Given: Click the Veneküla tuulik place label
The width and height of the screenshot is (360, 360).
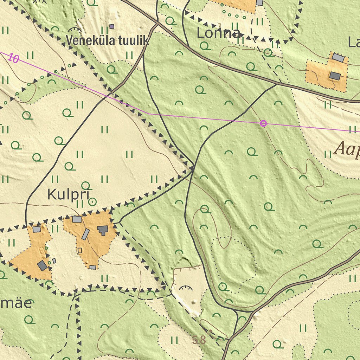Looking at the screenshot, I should click(x=108, y=40).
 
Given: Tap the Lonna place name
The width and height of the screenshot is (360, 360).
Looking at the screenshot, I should click(x=219, y=33).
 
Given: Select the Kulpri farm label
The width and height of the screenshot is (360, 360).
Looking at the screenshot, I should click(x=69, y=194).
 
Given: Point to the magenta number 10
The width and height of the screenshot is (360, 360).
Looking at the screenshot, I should click(x=13, y=58).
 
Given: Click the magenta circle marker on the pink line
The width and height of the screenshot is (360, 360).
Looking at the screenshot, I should click(x=263, y=123).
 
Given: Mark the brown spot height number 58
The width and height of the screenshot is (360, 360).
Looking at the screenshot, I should click(x=199, y=340).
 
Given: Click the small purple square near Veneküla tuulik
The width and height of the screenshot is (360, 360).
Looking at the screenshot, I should click(x=112, y=26).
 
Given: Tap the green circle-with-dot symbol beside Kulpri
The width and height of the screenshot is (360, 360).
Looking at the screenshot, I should click(x=92, y=202).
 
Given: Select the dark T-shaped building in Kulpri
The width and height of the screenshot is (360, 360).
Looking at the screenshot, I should click(x=103, y=230).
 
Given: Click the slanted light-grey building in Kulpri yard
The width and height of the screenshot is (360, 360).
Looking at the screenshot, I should click(x=85, y=234).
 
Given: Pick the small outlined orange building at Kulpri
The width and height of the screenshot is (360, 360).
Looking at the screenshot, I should click(x=79, y=250).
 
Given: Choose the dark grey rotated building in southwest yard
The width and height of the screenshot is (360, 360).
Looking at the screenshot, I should click(x=42, y=265).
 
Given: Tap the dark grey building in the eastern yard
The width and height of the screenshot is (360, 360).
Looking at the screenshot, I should click(x=335, y=76).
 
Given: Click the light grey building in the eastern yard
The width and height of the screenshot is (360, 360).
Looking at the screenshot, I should click(x=338, y=58).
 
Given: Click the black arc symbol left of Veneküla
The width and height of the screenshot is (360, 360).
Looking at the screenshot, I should click(x=75, y=30).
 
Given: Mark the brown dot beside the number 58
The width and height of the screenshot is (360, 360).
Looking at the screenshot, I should click(x=210, y=331).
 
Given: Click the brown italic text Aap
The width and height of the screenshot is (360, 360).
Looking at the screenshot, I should click(x=347, y=149).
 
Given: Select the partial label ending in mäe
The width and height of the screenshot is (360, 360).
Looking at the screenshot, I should click(x=16, y=303).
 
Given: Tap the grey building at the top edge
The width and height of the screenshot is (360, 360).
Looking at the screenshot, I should click(x=259, y=2).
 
